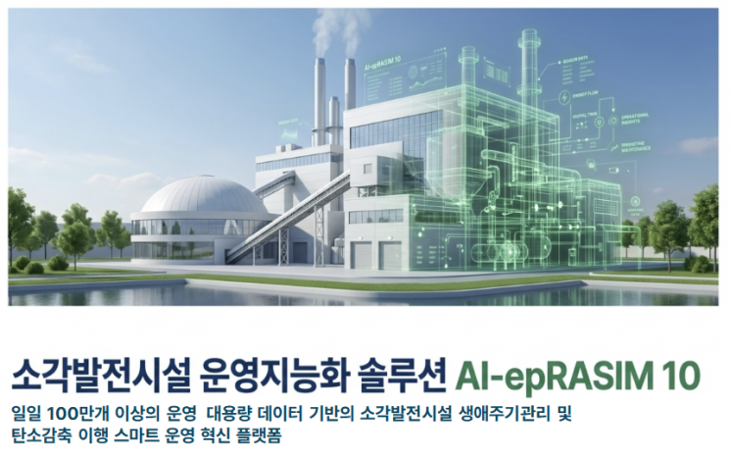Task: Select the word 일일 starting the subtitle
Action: pyautogui.click(x=24, y=414)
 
